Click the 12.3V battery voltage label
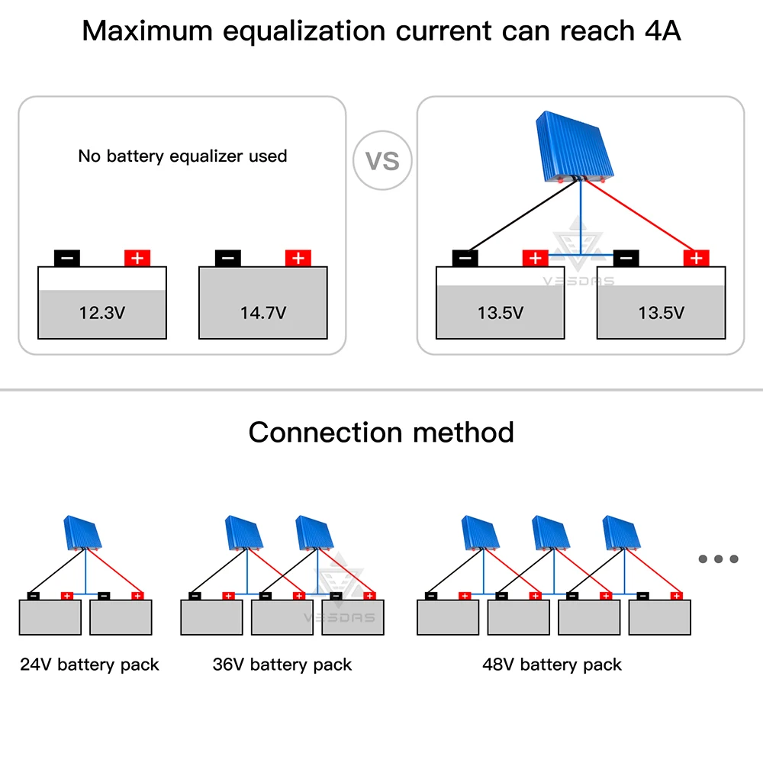pyautogui.click(x=101, y=312)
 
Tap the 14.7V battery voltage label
pyautogui.click(x=262, y=312)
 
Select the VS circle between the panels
pyautogui.click(x=382, y=161)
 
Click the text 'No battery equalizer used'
pyautogui.click(x=182, y=156)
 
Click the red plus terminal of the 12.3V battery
pyautogui.click(x=137, y=258)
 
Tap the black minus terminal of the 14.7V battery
pyautogui.click(x=227, y=258)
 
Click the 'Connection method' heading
pyautogui.click(x=381, y=432)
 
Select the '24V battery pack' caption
pyautogui.click(x=89, y=664)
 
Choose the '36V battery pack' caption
pyautogui.click(x=282, y=664)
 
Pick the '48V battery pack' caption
pyautogui.click(x=552, y=664)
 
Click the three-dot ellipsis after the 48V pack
pyautogui.click(x=718, y=559)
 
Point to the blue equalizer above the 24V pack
pyautogui.click(x=84, y=534)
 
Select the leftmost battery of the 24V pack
pyautogui.click(x=50, y=617)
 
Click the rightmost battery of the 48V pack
pyautogui.click(x=659, y=617)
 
